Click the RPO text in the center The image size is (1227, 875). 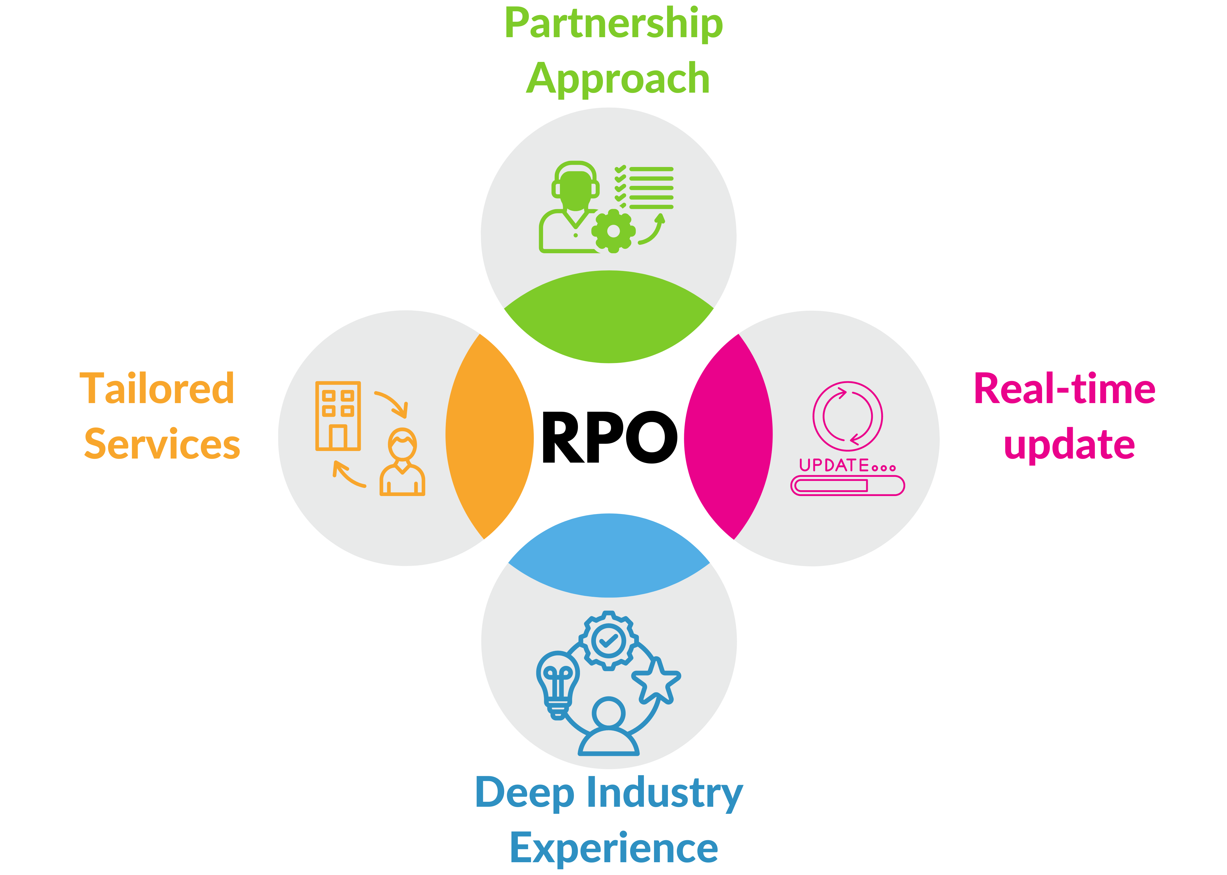point(609,437)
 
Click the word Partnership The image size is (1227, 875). point(613,24)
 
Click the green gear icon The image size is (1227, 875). point(613,231)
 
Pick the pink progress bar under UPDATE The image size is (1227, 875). point(847,486)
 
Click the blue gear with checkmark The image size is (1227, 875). point(608,641)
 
